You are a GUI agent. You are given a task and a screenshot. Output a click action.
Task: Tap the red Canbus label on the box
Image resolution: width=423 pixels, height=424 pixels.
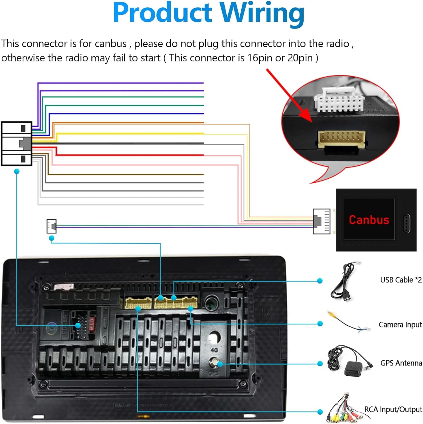369,220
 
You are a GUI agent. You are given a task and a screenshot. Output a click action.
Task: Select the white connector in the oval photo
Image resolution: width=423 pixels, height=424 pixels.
335,100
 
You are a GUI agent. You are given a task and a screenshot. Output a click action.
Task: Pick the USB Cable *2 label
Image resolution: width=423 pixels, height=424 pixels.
401,280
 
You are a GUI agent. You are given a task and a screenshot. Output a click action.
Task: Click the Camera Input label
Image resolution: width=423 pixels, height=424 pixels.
400,325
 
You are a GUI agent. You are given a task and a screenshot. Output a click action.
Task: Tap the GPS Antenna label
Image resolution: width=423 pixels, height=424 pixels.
401,363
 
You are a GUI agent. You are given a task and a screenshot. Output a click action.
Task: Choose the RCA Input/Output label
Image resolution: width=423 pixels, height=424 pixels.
393,409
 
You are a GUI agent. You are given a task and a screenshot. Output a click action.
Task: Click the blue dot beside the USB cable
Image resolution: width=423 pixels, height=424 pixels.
320,281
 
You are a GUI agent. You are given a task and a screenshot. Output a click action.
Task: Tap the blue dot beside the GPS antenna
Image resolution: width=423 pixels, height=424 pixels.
320,364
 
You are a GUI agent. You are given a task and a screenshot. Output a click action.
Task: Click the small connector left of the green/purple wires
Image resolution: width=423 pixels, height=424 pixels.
51,226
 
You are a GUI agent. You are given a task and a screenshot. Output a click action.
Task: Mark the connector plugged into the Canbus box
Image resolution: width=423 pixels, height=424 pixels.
321,221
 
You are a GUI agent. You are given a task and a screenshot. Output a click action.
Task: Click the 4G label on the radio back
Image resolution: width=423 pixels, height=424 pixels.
214,350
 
